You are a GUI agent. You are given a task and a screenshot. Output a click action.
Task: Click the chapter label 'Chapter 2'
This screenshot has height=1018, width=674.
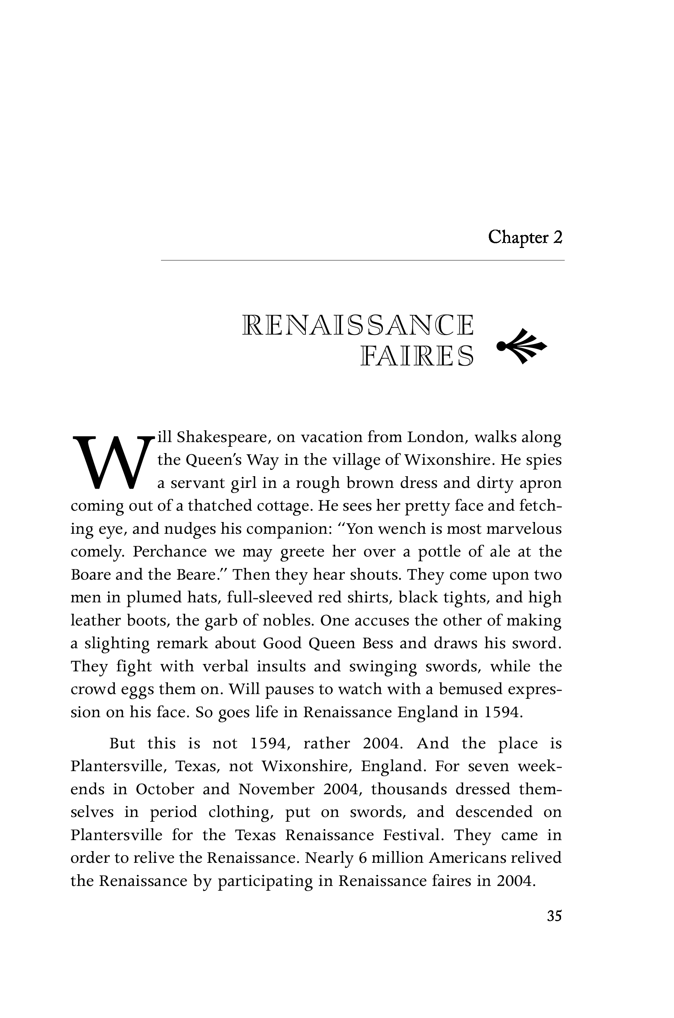[x=525, y=237]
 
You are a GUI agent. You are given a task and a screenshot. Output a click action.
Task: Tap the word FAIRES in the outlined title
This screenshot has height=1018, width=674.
[x=417, y=356]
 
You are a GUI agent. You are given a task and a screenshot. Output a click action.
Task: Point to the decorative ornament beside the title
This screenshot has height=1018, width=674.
[x=521, y=345]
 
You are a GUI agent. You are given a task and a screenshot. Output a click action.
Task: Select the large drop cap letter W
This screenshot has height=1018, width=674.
[x=113, y=462]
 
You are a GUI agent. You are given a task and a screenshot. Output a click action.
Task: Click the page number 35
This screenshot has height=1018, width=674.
[x=554, y=916]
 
